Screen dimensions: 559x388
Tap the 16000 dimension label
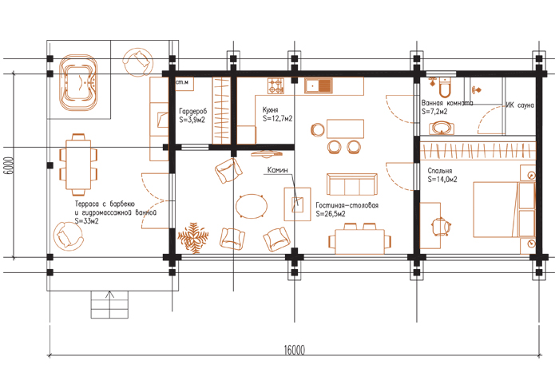[295, 350]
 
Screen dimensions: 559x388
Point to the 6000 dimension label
[10, 166]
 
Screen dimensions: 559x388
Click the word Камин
[277, 170]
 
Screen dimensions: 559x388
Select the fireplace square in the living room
[297, 204]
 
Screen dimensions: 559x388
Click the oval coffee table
[252, 206]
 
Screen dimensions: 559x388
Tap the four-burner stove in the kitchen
[276, 86]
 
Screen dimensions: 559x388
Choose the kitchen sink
[319, 86]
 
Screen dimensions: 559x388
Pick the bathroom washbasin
[442, 128]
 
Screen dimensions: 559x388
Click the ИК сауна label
[520, 105]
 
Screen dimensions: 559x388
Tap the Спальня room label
[439, 171]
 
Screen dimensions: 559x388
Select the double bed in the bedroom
[504, 209]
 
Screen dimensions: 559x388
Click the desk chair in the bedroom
[441, 226]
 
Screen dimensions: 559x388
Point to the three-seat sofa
[352, 184]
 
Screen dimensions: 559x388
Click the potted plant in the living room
[193, 238]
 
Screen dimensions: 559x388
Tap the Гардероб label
[193, 111]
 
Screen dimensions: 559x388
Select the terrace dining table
[78, 164]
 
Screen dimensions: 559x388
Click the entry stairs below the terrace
[109, 304]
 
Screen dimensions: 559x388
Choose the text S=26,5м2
[331, 214]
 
